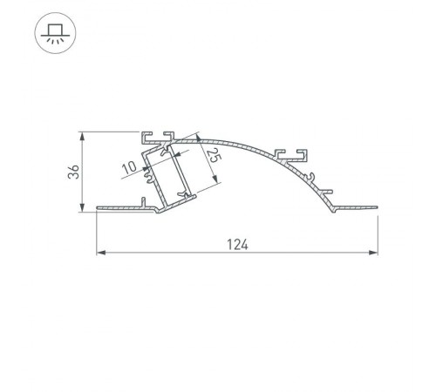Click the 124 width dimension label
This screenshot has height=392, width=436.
coord(237,245)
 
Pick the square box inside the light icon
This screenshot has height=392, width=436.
coord(55,30)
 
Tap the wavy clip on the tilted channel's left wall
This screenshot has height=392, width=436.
coord(148,178)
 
